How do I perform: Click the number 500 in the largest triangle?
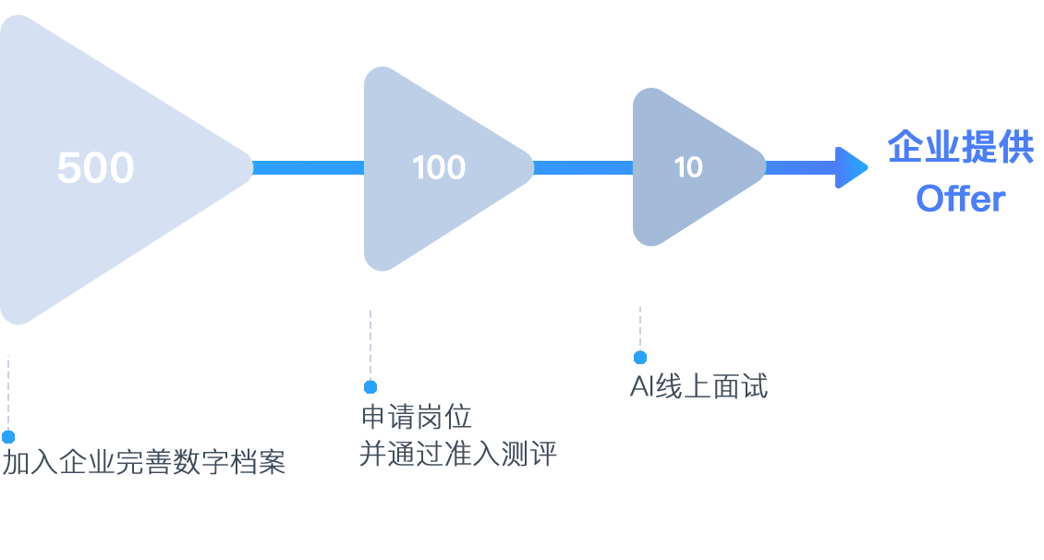pyautogui.click(x=95, y=169)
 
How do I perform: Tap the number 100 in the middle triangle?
pyautogui.click(x=439, y=168)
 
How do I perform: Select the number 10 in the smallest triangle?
pyautogui.click(x=688, y=167)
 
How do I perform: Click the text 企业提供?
pyautogui.click(x=961, y=148)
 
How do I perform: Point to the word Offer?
pyautogui.click(x=961, y=199)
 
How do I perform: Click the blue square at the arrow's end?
pyautogui.click(x=852, y=167)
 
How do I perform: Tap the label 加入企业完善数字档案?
pyautogui.click(x=143, y=461)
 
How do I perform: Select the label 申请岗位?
pyautogui.click(x=417, y=418)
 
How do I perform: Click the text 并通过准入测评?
pyautogui.click(x=458, y=455)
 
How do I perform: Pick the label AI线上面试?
pyautogui.click(x=698, y=386)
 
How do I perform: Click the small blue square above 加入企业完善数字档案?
pyautogui.click(x=8, y=436)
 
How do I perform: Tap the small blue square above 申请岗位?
pyautogui.click(x=370, y=386)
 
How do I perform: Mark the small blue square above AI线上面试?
pyautogui.click(x=640, y=357)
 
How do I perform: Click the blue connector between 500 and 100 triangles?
pyautogui.click(x=309, y=167)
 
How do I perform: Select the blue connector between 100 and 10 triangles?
pyautogui.click(x=583, y=167)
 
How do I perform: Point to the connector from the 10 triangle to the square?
pyautogui.click(x=800, y=167)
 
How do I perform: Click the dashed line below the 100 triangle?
pyautogui.click(x=370, y=342)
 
